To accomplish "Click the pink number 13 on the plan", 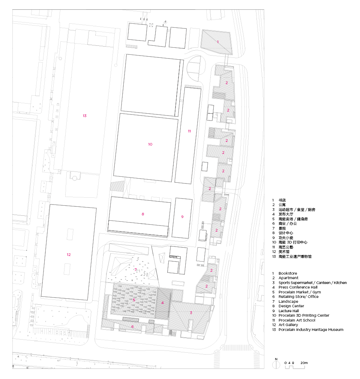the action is coord(85,116).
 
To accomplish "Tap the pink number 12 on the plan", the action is coord(69,254).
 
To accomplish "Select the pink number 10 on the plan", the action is coord(150,144).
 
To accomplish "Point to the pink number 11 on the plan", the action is coord(189,131).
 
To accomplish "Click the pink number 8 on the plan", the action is coord(143,214).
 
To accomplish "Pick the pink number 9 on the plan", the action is coord(182,217).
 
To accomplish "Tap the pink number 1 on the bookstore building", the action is coord(218,42).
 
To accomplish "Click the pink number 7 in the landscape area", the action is coord(135,270).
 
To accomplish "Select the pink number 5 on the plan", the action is coord(134,300).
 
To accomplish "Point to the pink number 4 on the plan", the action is coord(162,302).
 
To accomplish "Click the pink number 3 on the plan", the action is coord(191,313).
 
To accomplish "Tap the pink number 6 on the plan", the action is coord(132,327).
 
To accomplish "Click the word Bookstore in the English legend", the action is coord(288,274).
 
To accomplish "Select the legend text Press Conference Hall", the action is coord(298,287).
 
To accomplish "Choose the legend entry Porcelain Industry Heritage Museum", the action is coord(311,330).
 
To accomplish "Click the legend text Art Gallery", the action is coord(288,325).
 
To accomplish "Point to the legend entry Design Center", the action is coord(291,306).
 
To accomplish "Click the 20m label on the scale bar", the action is coord(304,363).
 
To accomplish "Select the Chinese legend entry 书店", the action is coord(282,200).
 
